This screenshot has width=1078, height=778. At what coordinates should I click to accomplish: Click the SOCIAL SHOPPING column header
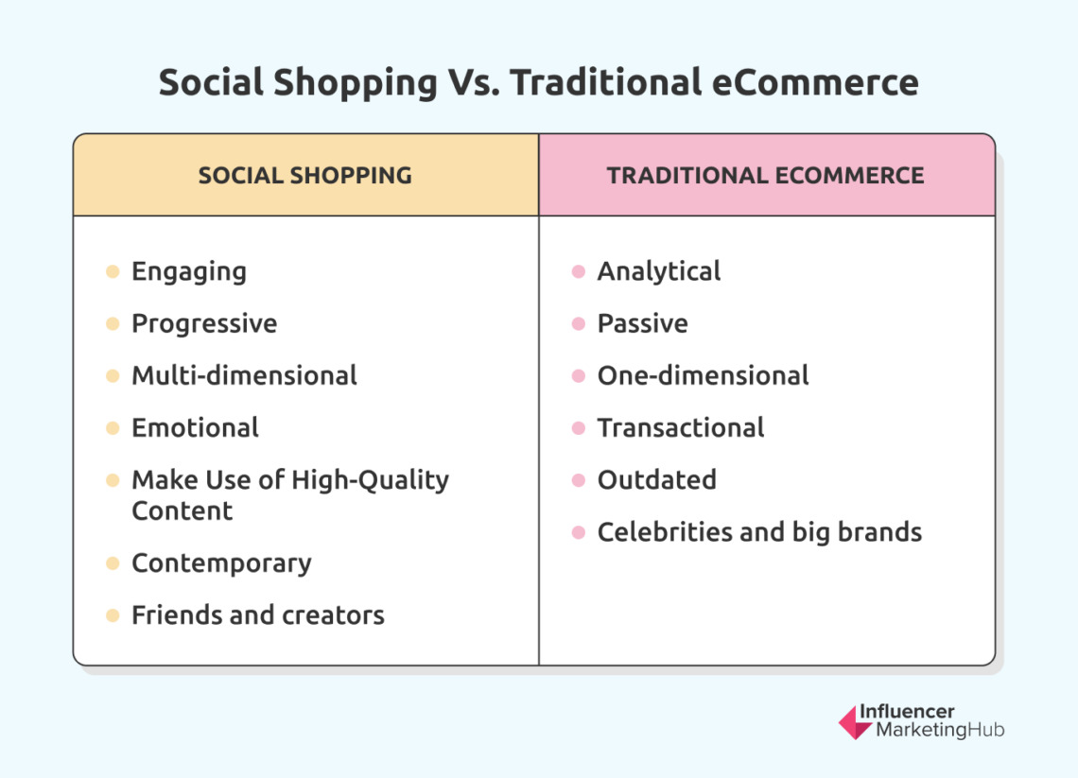tap(304, 176)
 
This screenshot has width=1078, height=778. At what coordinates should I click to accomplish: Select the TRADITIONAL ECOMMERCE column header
tap(765, 176)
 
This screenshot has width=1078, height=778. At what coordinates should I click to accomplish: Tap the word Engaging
tap(188, 272)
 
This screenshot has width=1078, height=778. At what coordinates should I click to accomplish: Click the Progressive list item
tap(204, 324)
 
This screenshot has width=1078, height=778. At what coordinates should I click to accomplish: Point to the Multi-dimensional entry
tap(244, 376)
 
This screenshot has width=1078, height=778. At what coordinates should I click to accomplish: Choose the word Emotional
tap(195, 428)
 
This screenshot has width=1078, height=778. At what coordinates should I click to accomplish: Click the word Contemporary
tap(221, 563)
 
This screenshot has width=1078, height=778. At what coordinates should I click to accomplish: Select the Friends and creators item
tap(257, 615)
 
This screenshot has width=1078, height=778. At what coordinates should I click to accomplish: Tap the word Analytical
tap(658, 272)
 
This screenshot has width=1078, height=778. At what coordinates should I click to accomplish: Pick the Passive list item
tap(642, 324)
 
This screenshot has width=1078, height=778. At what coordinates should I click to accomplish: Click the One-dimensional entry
tap(703, 376)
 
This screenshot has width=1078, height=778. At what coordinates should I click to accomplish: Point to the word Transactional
tap(680, 428)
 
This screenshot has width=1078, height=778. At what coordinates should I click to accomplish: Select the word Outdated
tap(656, 480)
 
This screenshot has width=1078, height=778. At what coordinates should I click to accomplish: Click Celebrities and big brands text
tap(759, 532)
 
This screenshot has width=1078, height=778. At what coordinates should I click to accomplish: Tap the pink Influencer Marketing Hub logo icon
tap(855, 722)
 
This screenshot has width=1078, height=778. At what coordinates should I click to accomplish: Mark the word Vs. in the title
tap(474, 83)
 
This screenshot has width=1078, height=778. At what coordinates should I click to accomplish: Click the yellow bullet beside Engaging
tap(113, 272)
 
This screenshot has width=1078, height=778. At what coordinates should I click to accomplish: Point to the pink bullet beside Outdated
tap(579, 480)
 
